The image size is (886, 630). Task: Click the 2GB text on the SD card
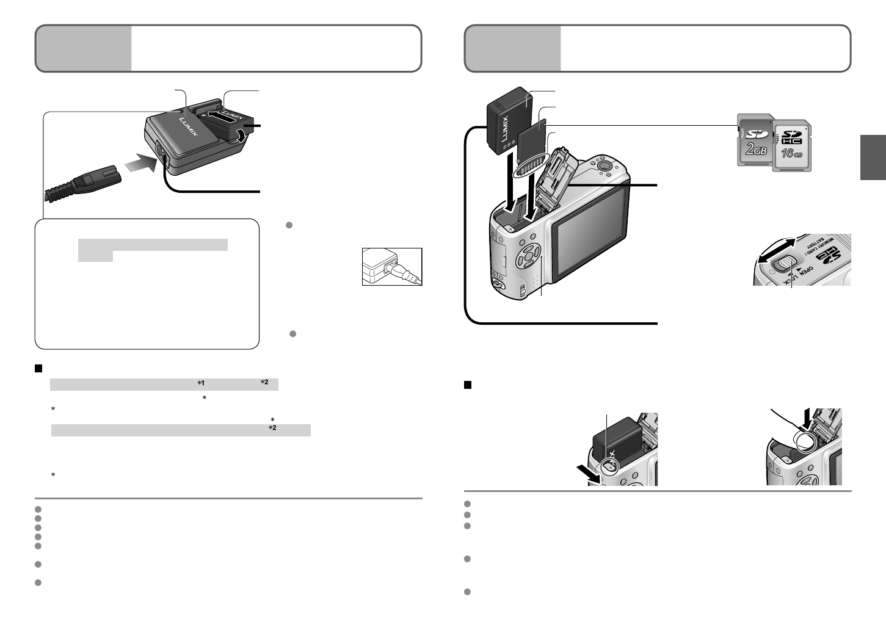pos(755,150)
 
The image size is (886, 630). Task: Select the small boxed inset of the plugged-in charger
pos(392,266)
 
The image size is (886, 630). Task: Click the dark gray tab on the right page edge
pos(873,157)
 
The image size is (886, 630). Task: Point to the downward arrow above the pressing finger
pos(810,419)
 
